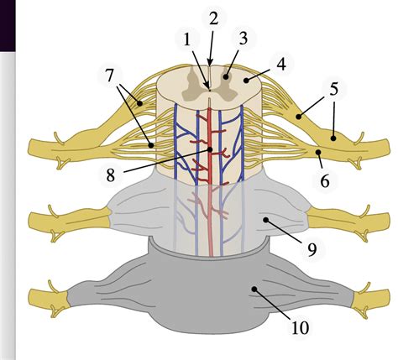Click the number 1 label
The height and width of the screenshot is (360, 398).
click(187, 41)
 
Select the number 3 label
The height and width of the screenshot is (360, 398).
click(244, 39)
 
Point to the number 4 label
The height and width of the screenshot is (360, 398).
click(281, 64)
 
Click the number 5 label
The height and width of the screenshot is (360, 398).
click(333, 89)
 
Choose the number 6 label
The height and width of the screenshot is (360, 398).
click(325, 181)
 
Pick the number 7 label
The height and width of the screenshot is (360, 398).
click(110, 75)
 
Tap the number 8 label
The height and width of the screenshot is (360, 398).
click(111, 175)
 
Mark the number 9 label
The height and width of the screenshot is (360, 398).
click(312, 249)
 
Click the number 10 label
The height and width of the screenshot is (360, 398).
click(301, 328)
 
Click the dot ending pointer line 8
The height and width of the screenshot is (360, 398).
click(210, 150)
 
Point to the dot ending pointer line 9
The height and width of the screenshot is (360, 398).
click(265, 220)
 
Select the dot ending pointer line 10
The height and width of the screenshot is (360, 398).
click(254, 289)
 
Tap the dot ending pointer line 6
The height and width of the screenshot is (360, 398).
click(318, 152)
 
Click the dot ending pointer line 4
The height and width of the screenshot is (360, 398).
click(246, 81)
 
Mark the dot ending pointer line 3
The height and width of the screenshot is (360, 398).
click(226, 76)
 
